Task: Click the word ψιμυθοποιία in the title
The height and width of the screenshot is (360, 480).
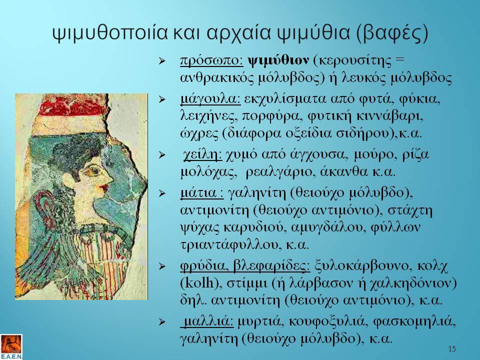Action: coord(110,33)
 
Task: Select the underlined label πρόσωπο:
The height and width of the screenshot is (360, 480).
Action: coord(211,60)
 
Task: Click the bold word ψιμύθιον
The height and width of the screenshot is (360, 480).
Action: coord(278,60)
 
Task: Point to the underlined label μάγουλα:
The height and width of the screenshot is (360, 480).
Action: coord(210,99)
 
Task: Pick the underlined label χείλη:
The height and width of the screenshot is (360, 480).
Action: coord(202,155)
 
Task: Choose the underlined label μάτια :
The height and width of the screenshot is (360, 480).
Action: coord(202,193)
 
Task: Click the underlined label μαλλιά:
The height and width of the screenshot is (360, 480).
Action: coord(207,321)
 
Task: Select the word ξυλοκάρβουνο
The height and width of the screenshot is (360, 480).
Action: coord(359,265)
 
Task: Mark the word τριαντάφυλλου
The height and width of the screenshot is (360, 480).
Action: coord(229,245)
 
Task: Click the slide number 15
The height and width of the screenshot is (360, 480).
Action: coord(452,348)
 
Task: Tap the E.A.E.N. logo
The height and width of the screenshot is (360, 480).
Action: coord(11,347)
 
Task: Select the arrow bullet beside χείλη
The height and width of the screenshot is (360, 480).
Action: coord(162,155)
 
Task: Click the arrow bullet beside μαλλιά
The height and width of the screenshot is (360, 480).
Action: coord(162,321)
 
